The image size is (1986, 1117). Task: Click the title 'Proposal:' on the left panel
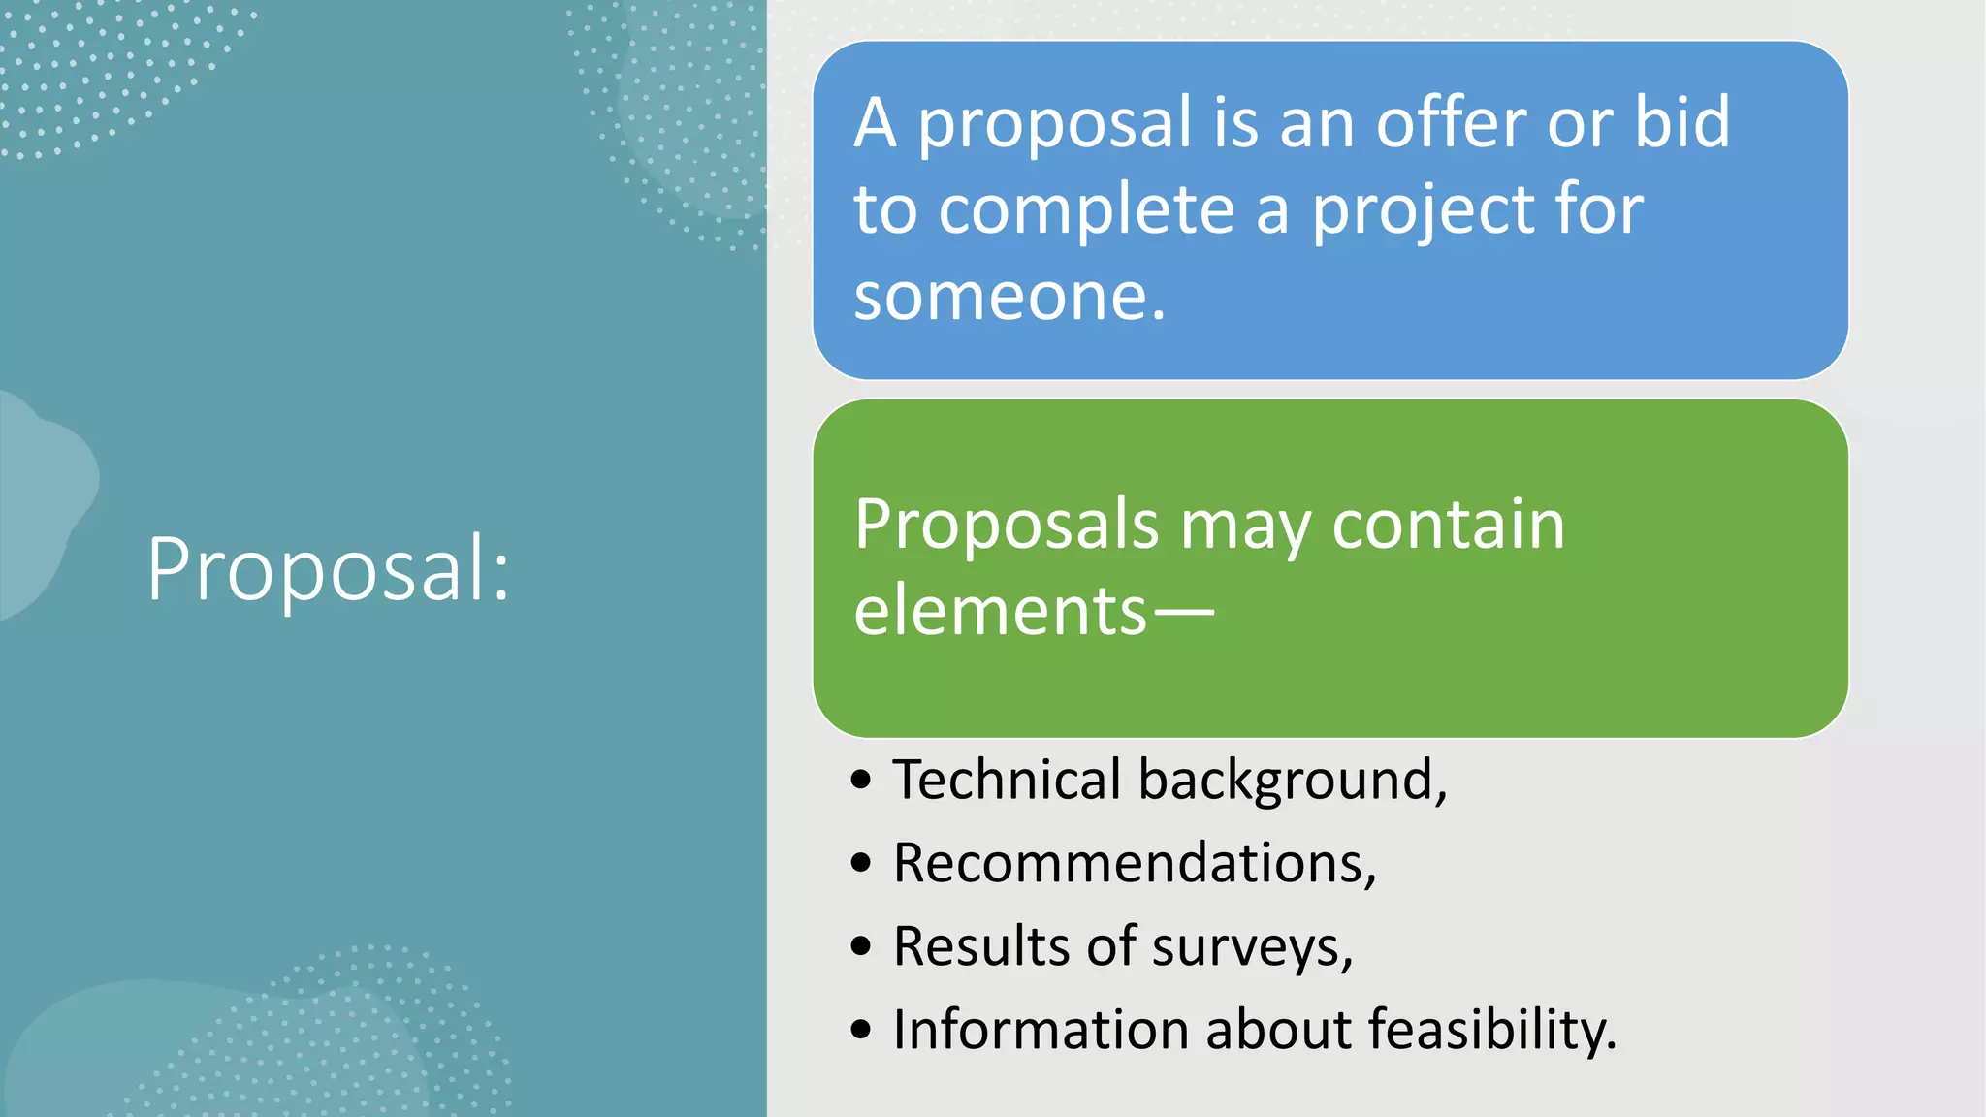[x=328, y=569]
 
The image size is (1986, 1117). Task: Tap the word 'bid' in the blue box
[x=1682, y=123]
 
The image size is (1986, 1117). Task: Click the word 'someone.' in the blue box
[x=1009, y=296]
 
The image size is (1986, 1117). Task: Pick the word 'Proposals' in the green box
[x=1007, y=526]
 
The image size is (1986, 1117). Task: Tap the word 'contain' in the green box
[x=1449, y=526]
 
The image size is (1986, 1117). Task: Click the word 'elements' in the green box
[x=1000, y=611]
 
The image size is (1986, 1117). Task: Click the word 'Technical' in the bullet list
[x=1007, y=780]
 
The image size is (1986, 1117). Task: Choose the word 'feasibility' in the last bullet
[x=1485, y=1029]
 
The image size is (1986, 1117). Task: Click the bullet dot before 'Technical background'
[x=861, y=780]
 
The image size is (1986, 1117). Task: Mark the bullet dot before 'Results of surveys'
[x=861, y=946]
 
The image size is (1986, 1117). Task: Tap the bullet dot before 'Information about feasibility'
[x=861, y=1029]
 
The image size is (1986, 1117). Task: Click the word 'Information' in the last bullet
[x=1040, y=1029]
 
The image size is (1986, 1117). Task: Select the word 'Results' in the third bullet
[x=980, y=946]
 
